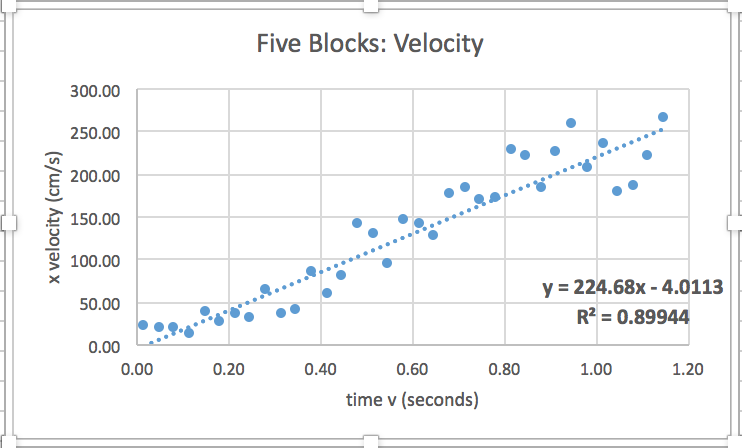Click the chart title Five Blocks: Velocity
click(x=370, y=44)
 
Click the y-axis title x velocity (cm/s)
click(x=59, y=218)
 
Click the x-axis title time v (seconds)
click(x=411, y=400)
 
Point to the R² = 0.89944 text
click(x=633, y=317)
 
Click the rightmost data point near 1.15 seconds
click(x=663, y=117)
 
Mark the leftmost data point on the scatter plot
click(x=143, y=325)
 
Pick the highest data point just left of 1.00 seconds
click(x=571, y=123)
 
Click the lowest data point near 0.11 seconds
click(x=189, y=333)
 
